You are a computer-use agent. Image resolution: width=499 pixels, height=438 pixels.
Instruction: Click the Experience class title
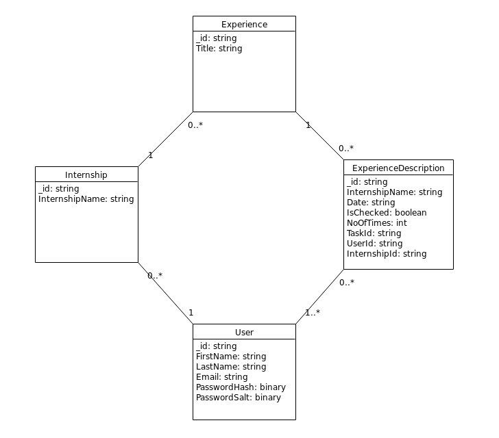244,25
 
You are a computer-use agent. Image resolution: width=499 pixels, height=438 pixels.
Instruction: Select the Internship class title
86,175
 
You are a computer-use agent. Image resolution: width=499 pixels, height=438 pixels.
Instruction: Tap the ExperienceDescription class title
398,168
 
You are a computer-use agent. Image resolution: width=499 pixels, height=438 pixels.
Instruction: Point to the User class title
244,333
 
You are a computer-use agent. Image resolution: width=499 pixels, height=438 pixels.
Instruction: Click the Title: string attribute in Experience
219,49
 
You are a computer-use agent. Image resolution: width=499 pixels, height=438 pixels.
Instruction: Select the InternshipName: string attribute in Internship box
86,199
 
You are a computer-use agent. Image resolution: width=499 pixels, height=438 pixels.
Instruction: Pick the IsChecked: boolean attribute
387,213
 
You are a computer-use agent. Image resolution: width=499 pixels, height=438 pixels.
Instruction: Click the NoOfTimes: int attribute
377,223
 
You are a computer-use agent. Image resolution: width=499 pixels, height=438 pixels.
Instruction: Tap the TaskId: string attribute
374,233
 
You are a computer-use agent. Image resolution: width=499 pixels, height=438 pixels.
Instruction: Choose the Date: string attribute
371,203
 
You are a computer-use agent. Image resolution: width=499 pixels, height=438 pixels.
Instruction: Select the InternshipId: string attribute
387,254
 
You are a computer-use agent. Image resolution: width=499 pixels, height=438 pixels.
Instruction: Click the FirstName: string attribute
231,357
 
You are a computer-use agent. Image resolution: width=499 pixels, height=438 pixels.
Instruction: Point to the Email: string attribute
222,377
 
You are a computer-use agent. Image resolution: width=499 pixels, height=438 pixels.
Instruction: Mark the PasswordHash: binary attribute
241,387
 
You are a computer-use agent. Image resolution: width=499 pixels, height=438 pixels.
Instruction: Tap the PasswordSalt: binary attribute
239,398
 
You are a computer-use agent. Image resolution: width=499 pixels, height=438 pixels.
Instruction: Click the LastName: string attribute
231,367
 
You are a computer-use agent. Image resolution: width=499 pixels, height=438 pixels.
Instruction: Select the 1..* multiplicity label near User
313,313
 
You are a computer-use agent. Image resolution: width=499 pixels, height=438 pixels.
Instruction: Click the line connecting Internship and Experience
165,139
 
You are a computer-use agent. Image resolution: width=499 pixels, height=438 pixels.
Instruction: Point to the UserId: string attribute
375,244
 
